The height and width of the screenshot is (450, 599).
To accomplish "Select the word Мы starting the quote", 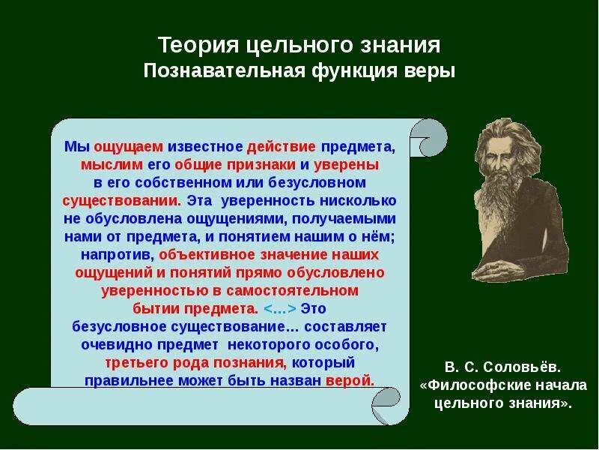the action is point(77,146).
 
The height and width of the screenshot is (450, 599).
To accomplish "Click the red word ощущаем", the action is point(128,148).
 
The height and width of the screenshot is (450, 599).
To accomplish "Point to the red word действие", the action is point(282,147).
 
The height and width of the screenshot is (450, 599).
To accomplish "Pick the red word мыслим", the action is point(112,165).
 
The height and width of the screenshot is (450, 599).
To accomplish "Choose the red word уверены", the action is point(347,165).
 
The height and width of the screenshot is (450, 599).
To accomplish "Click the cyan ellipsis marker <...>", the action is point(280,309).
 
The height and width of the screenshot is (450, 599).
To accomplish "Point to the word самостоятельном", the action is point(293,291).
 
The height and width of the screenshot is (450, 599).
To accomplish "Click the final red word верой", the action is point(350,381).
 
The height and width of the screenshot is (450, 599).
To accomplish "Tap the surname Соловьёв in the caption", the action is point(523,367).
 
